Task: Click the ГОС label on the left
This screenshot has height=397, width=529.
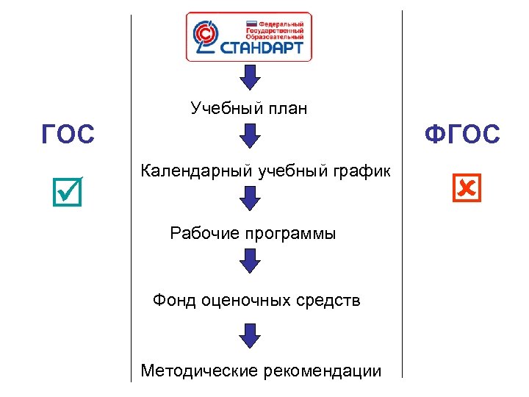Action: coord(68,135)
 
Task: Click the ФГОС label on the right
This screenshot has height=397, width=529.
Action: coord(463,135)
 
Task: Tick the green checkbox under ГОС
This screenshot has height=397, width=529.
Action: coord(68,190)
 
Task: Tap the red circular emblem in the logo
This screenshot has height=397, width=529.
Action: coord(205,35)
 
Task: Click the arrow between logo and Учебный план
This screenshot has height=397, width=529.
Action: coord(251,76)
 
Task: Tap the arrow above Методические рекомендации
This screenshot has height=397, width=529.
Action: coord(251,335)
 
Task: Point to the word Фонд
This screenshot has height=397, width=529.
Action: coord(171,300)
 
